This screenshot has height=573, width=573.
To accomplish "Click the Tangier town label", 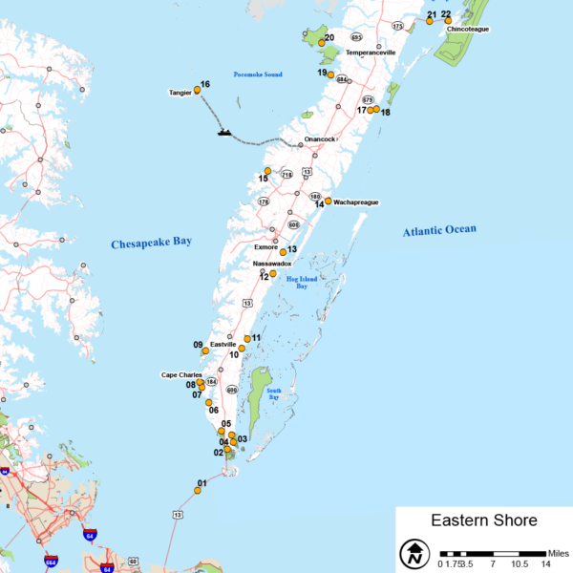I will click(180, 93).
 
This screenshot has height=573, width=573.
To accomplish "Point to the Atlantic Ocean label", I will click(438, 230).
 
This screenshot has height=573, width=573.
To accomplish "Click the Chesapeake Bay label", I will click(151, 243).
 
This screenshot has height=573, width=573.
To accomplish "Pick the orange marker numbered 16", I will click(197, 90).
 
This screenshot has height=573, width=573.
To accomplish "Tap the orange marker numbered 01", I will click(198, 490).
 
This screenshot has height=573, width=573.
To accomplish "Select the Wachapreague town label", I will click(356, 202).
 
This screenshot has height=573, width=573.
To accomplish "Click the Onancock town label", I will click(320, 139).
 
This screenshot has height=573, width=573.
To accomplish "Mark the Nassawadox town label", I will click(271, 263).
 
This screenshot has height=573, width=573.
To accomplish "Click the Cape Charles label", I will click(181, 375).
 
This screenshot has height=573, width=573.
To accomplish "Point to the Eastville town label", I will click(223, 344).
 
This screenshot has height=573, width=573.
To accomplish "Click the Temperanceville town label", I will click(371, 53).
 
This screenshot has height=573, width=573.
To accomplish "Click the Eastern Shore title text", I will click(483, 520).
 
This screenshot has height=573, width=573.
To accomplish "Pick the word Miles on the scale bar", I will click(559, 553).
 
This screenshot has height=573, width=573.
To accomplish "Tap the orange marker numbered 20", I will click(322, 43).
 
